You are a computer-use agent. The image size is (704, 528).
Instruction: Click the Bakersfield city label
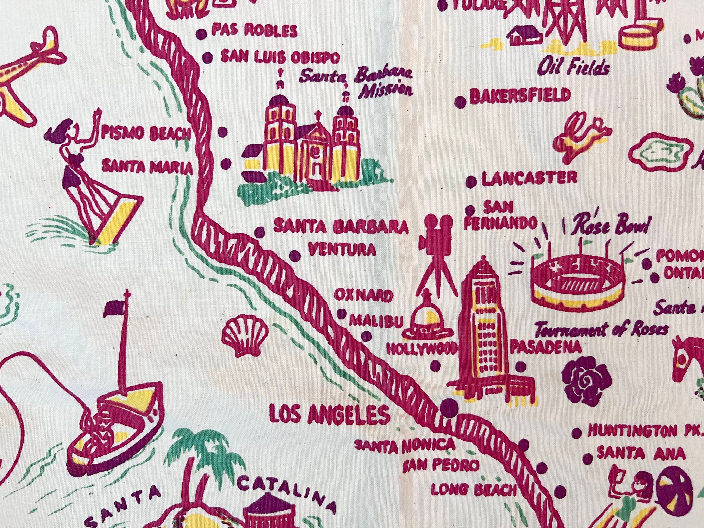[x=520, y=96]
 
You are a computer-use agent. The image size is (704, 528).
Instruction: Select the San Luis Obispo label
[x=280, y=57]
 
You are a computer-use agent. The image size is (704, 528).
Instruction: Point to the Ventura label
[x=342, y=250]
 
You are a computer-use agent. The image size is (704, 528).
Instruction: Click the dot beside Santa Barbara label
[x=260, y=232]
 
